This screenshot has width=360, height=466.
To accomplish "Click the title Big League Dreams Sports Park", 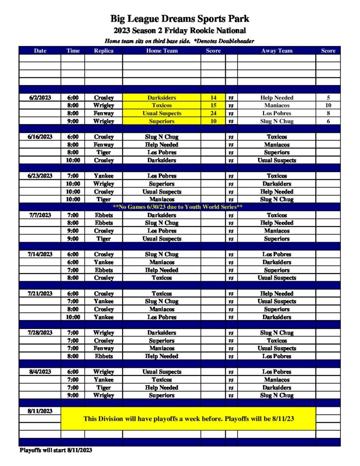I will point(180,19).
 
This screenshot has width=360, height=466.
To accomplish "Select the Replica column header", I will point(103,51).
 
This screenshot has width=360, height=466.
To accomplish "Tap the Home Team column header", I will point(162,51).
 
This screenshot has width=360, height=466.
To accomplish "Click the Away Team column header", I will point(276,51).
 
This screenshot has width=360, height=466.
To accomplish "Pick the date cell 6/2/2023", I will point(40,97).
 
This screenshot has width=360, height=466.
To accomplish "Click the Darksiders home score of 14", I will point(213,97).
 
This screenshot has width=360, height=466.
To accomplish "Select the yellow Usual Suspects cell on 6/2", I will point(162,113).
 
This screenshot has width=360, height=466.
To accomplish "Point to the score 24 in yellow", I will point(213,113).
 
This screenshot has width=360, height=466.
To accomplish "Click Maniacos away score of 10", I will point(328,106).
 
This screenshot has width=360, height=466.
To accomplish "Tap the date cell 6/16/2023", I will point(40,137).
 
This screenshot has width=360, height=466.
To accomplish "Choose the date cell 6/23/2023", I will point(40,176).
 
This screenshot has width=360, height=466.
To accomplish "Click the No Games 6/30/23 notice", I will point(177,207).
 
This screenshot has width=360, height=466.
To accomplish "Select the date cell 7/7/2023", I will point(40,215).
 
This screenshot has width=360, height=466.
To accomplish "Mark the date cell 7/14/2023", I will point(40,254).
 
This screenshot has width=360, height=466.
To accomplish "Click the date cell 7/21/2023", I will point(40,294).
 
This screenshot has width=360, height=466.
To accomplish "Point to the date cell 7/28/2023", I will point(40,333).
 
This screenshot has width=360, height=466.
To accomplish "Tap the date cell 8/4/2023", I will point(40,372).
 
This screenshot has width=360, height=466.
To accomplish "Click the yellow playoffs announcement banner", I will point(188,419).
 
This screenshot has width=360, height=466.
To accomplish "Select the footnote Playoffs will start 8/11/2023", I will point(56,450).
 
